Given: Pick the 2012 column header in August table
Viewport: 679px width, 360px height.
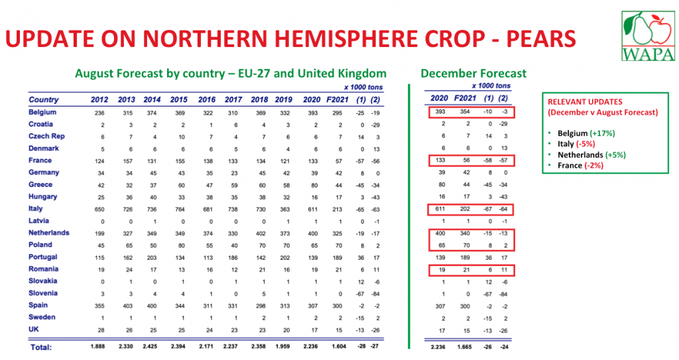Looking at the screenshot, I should coord(99,99).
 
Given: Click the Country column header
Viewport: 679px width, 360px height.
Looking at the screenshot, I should coord(44,99).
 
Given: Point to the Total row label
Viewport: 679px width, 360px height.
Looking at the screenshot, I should coord(40,346).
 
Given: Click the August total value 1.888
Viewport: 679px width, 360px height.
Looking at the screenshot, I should coord(99,346).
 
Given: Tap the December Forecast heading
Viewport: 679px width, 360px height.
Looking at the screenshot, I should coord(473,74).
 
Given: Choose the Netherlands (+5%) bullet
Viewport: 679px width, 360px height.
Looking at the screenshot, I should coord(591,154).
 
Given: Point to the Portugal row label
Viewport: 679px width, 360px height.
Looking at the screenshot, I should coord(43,257).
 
